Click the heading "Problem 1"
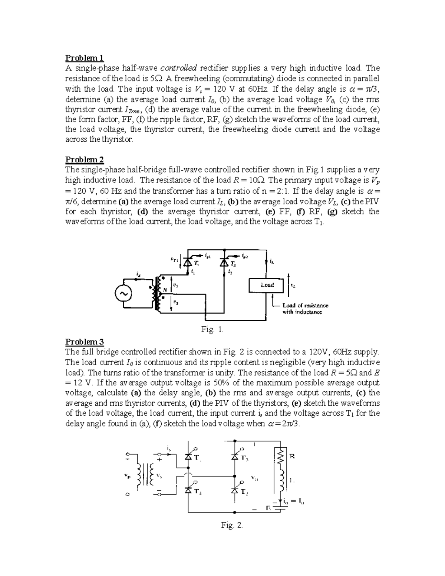point(85,58)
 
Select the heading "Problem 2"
point(85,159)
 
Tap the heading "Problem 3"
point(85,342)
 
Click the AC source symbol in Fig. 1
point(123,294)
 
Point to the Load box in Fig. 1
point(267,285)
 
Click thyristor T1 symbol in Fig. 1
point(188,263)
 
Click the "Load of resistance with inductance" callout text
point(305,309)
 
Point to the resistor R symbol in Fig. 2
point(281,457)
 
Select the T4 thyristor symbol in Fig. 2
point(188,490)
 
